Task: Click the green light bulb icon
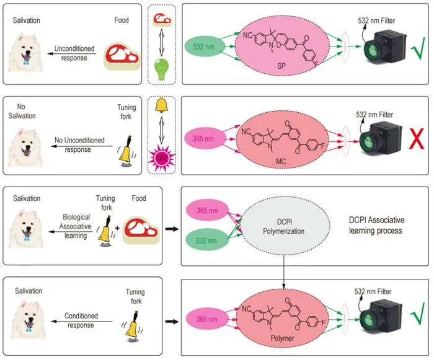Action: tap(161, 69)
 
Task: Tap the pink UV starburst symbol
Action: tap(162, 159)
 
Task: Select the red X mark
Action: tap(416, 139)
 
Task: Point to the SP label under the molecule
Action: tap(281, 66)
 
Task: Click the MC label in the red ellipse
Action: tap(281, 161)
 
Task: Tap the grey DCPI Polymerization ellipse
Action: tap(285, 226)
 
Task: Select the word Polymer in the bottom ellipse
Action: tap(282, 338)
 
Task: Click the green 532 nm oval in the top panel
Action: tap(204, 46)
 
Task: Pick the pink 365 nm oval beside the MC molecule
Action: tap(203, 138)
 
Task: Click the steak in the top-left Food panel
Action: tap(122, 56)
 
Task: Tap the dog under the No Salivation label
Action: tap(25, 147)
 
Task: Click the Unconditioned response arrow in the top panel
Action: tap(72, 54)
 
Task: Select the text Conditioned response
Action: tap(81, 320)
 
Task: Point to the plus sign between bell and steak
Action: tap(117, 228)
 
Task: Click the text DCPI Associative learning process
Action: tap(376, 226)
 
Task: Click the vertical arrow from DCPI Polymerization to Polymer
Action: tap(284, 272)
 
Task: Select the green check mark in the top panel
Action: tap(418, 49)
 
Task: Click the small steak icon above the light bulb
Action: tap(162, 19)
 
